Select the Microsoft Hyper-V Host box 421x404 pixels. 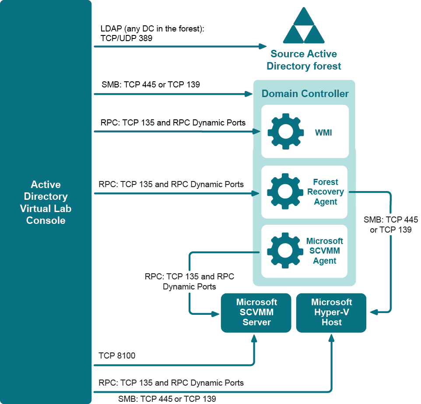click(x=331, y=312)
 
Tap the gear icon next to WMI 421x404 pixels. click(x=285, y=132)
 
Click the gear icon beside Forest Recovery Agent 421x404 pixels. click(x=285, y=192)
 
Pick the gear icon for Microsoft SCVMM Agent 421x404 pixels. click(x=285, y=251)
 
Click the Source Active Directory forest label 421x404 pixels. click(x=304, y=60)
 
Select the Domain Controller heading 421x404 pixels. click(x=305, y=94)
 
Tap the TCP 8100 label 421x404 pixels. click(x=117, y=356)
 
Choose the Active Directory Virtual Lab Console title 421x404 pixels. click(x=46, y=202)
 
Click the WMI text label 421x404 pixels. click(x=323, y=132)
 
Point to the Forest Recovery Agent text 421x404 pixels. click(x=325, y=192)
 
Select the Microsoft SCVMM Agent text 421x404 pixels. click(x=325, y=251)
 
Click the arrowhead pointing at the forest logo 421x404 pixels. click(x=263, y=46)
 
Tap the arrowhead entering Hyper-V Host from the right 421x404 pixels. click(x=373, y=312)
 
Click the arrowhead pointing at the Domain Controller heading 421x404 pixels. click(x=250, y=94)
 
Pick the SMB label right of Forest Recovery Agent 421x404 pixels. click(x=390, y=224)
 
